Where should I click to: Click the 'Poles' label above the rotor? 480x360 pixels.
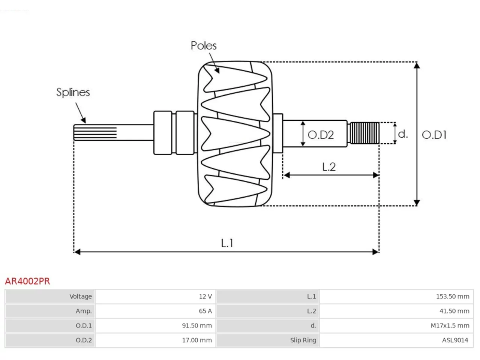click(204, 46)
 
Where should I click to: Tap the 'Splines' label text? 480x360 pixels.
click(73, 92)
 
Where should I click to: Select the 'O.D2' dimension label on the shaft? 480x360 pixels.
click(321, 135)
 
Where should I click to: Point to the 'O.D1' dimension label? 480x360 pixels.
click(434, 135)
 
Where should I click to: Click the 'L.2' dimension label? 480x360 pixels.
click(329, 167)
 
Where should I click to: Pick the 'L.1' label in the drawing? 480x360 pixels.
click(227, 243)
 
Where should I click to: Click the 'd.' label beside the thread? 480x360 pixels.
click(403, 134)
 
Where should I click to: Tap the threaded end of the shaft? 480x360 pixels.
click(364, 133)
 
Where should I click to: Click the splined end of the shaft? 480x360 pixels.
click(95, 132)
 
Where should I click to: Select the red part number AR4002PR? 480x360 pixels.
click(27, 281)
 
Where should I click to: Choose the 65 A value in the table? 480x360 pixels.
click(205, 311)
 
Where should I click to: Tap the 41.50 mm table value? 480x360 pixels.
click(454, 311)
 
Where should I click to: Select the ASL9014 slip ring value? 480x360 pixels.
click(455, 340)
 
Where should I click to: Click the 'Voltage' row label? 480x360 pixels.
click(81, 296)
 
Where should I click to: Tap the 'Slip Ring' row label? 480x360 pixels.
click(303, 340)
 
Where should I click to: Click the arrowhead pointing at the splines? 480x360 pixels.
click(84, 120)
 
